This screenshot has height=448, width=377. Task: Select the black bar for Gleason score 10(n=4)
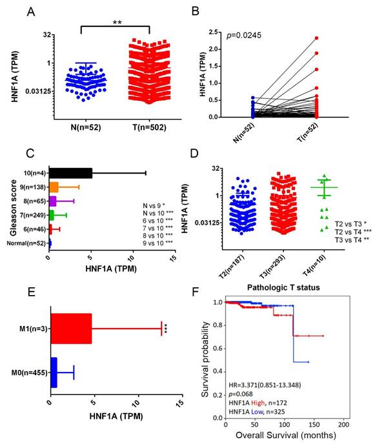(70, 172)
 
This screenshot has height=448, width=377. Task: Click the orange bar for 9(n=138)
(54, 187)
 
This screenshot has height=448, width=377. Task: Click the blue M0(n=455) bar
(54, 372)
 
